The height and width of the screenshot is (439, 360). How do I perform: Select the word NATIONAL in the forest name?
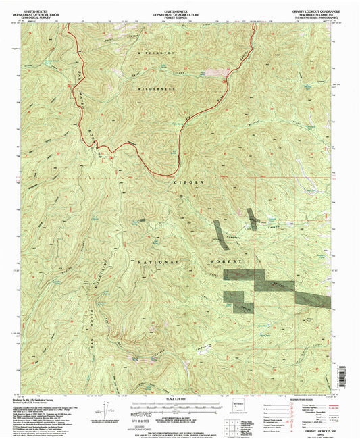tap(159, 261)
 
